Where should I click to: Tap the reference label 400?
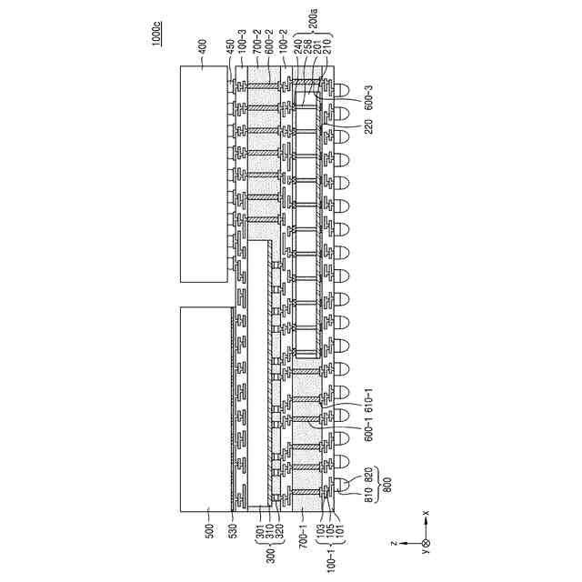(203, 45)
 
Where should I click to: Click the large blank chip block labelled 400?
(203, 173)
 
